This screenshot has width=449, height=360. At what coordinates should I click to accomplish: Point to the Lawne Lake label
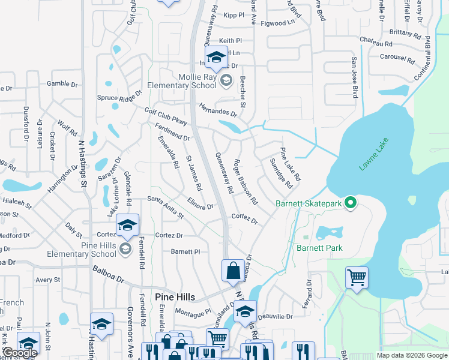(x=375, y=155)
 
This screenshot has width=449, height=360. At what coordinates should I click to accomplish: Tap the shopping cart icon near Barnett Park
(x=357, y=277)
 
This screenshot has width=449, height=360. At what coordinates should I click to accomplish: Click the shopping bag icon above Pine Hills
(x=232, y=270)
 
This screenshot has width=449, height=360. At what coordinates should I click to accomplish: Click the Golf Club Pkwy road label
(x=166, y=116)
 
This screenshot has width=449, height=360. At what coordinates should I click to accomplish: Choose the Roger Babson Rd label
(x=246, y=181)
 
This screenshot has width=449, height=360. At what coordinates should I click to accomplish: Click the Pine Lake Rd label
(x=289, y=164)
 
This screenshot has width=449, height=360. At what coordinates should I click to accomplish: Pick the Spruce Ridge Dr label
(x=119, y=95)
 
